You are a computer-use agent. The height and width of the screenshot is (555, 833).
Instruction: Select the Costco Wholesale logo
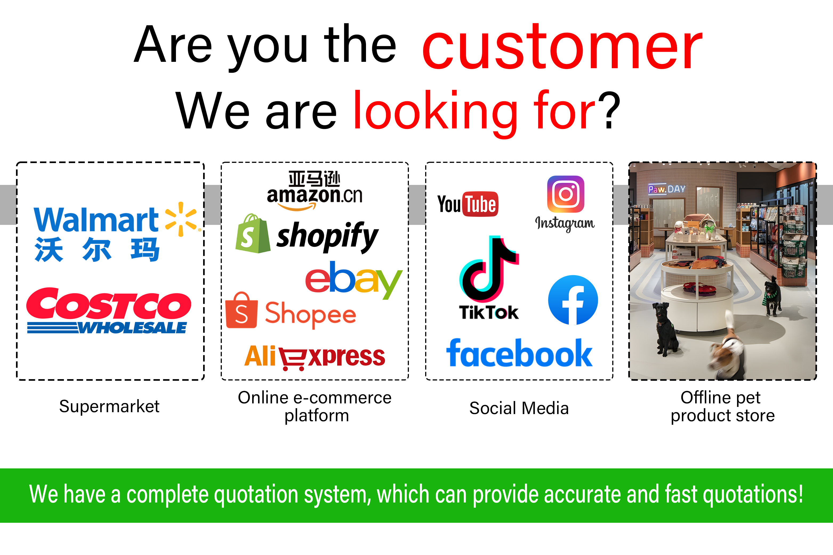click(x=109, y=310)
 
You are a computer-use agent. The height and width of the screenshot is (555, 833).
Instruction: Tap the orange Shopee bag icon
click(x=242, y=310)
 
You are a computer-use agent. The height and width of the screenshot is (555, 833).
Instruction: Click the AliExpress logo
click(x=314, y=357)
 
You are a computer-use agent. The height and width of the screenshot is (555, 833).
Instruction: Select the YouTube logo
click(x=468, y=204)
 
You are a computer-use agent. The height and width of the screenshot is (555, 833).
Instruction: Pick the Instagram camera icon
click(x=565, y=194)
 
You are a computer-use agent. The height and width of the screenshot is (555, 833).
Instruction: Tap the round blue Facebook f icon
click(x=573, y=300)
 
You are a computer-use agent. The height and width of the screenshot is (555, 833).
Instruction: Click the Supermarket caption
click(x=109, y=406)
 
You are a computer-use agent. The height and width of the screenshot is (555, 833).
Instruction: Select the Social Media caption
click(x=519, y=408)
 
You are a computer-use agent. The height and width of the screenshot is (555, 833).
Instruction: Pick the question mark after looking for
click(x=610, y=110)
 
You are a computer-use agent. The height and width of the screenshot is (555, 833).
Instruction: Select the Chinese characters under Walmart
click(x=97, y=250)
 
